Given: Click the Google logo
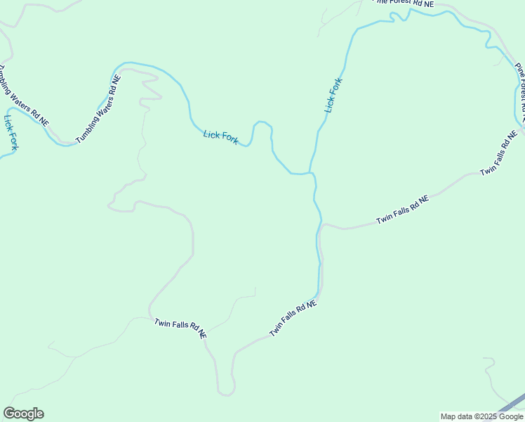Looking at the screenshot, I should point(23,414).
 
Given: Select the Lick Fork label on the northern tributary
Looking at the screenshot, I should point(333,96).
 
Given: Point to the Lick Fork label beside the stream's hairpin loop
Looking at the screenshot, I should point(220,136).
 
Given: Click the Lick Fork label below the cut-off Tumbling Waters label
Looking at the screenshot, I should point(11,133).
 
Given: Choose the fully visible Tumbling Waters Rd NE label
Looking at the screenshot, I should point(98,109).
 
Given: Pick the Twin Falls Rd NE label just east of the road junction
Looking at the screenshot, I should point(402,210).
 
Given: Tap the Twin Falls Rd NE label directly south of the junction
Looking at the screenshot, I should point(293,319).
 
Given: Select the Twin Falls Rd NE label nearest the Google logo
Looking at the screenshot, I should point(180,328).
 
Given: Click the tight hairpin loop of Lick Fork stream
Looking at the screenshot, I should point(262,124).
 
